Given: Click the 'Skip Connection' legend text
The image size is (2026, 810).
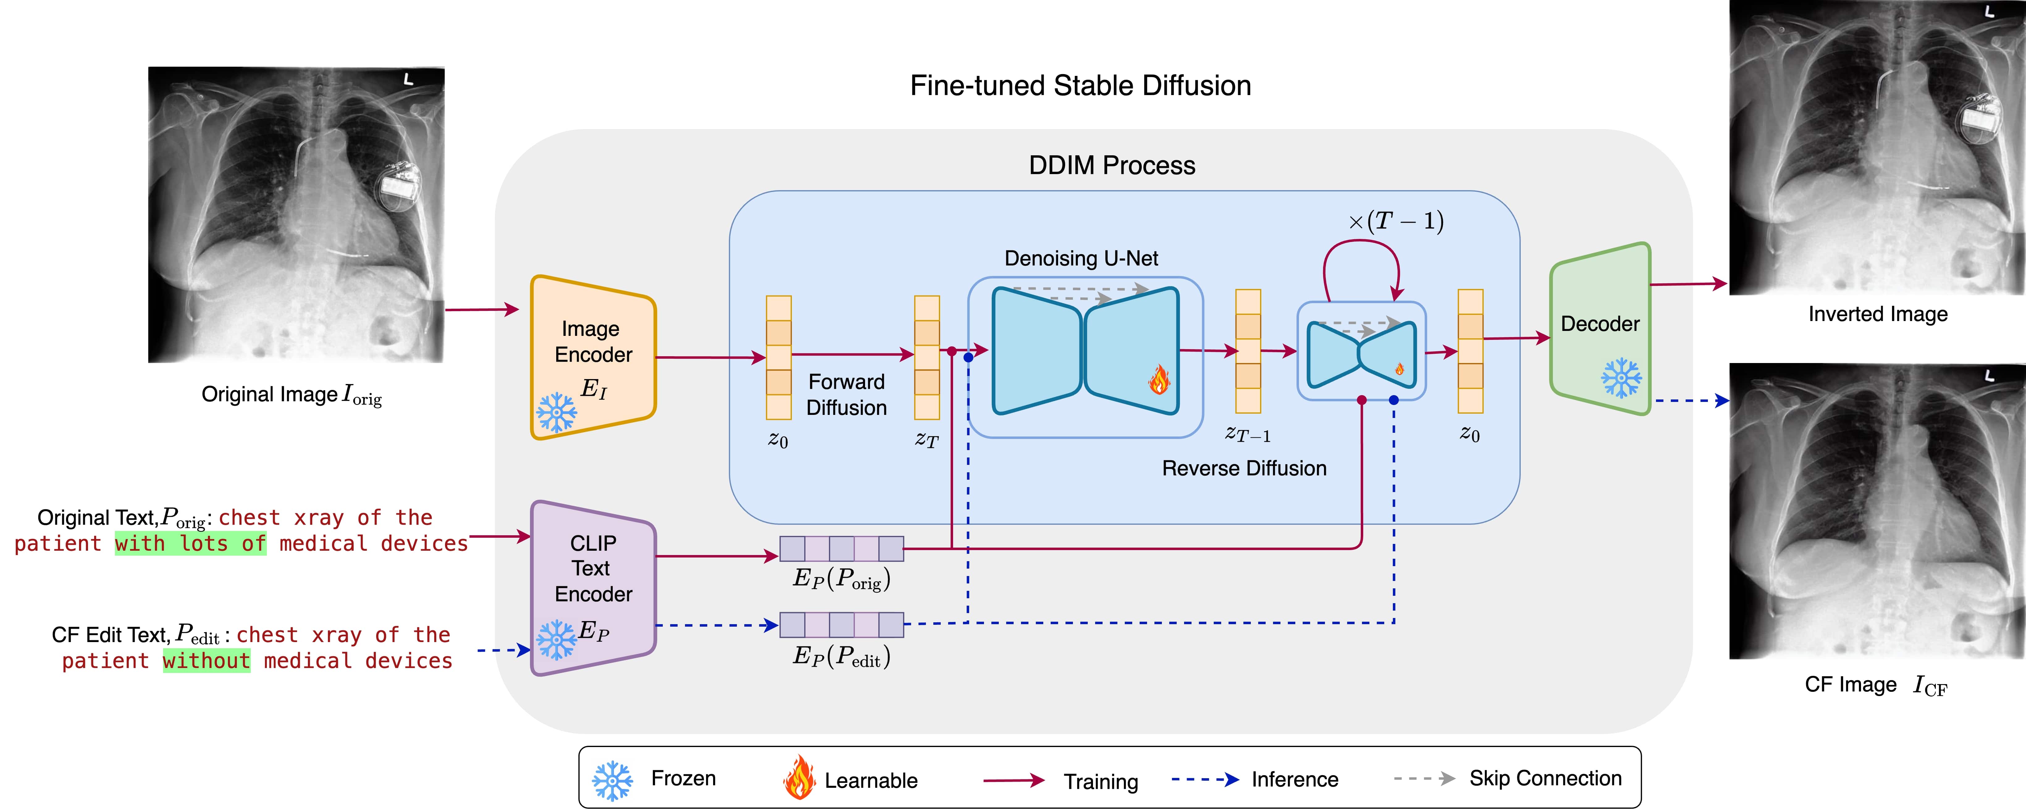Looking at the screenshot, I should pos(1545,779).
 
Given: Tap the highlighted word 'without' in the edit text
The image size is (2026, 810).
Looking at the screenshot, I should pos(207,661).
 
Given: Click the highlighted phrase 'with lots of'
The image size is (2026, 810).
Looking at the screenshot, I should pos(190,543).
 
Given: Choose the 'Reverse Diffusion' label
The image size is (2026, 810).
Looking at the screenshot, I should pos(1243,469).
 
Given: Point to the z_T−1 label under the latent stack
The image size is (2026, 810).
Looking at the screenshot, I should pos(1247,434).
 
